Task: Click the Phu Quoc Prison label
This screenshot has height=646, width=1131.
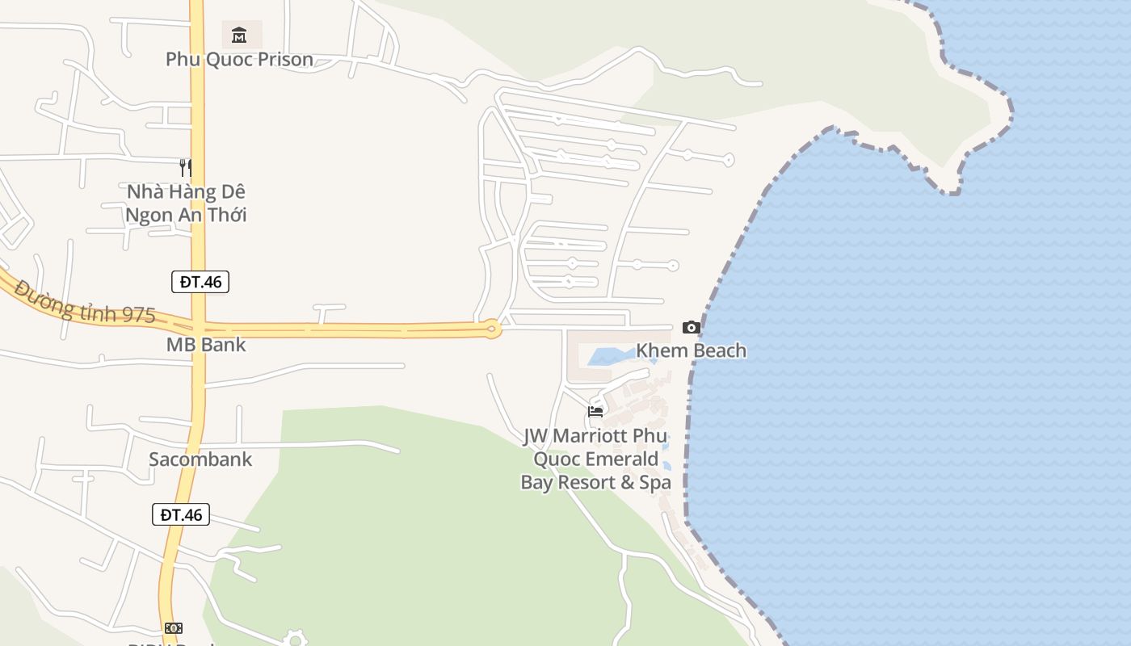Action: click(x=239, y=59)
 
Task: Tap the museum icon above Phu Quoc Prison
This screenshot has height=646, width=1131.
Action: click(x=239, y=35)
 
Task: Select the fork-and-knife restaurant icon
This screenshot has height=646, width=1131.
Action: click(x=186, y=167)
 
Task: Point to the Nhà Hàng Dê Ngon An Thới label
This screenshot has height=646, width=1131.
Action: click(x=186, y=203)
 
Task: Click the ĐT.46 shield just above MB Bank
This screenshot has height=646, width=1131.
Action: click(x=200, y=282)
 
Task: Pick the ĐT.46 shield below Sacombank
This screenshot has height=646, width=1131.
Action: click(x=181, y=514)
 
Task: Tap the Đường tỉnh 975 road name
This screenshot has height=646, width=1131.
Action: click(x=85, y=302)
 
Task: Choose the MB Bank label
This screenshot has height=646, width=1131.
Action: click(x=206, y=345)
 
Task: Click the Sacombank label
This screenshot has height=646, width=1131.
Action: click(x=200, y=459)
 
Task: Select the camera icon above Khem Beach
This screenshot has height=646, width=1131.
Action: click(x=691, y=327)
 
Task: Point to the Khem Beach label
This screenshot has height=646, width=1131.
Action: click(x=691, y=350)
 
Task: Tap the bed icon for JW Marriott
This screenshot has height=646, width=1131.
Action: click(x=595, y=411)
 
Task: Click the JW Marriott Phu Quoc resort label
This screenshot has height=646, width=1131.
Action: click(x=595, y=459)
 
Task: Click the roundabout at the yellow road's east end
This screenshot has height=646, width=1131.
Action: click(x=491, y=329)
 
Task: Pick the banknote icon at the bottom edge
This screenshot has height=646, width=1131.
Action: click(x=173, y=628)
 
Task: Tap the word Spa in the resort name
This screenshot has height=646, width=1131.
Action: click(x=654, y=483)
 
